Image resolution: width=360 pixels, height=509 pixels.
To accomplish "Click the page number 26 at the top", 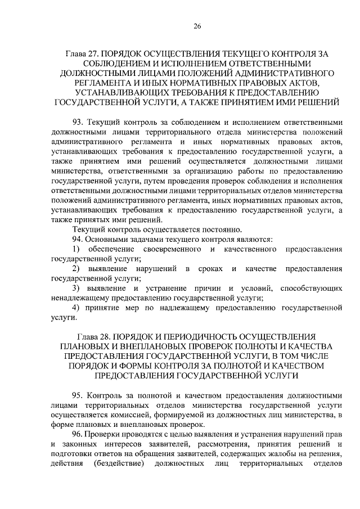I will coord(197,26).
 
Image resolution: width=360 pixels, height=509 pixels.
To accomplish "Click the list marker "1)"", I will coord(77,249).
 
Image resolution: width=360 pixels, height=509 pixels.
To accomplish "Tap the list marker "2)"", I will coord(77,269).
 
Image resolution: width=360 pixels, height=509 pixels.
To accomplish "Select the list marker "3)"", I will coord(77,289).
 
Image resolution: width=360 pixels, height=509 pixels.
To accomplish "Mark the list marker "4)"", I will coord(77,308).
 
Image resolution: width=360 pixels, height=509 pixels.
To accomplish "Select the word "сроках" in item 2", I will coord(210,269).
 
